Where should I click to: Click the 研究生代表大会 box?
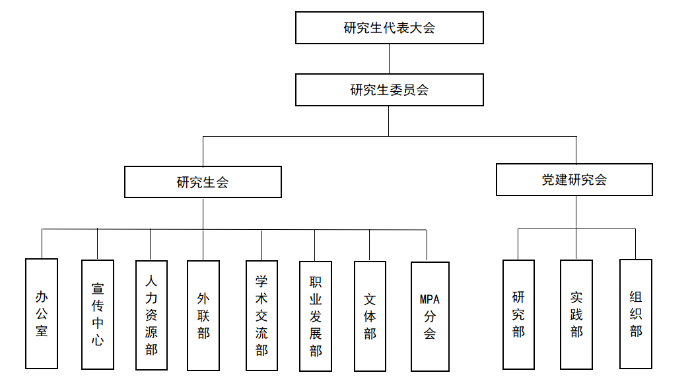tap(389, 28)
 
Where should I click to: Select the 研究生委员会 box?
tap(389, 90)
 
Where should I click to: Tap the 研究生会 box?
tap(203, 182)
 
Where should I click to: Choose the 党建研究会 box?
tap(574, 180)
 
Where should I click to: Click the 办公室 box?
tap(42, 313)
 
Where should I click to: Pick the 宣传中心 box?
tap(98, 314)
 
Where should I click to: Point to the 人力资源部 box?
tap(151, 314)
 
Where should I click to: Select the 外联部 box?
tap(203, 314)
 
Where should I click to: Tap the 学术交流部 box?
tap(261, 314)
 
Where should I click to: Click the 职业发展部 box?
tap(316, 316)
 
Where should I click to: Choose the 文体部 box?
tap(370, 316)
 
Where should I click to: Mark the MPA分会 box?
tap(430, 316)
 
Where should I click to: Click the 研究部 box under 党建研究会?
tap(518, 314)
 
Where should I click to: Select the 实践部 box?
tap(576, 314)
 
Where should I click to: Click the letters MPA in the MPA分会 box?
tap(430, 299)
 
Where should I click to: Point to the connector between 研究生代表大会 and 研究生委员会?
tap(389, 59)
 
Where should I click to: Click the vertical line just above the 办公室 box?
tap(42, 244)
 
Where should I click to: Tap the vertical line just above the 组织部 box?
tap(636, 244)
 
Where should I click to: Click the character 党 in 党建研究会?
tap(549, 180)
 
